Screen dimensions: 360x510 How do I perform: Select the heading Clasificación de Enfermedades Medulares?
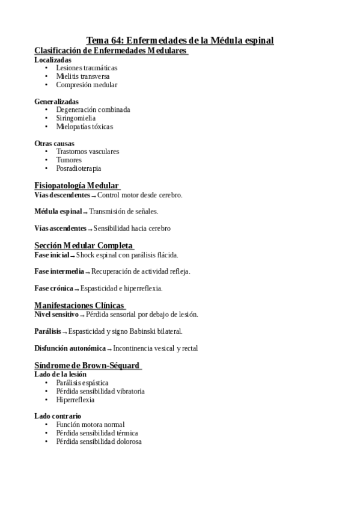(x=111, y=51)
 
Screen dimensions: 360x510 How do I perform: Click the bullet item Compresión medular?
(x=87, y=85)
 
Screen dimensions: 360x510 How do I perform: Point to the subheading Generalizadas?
(x=56, y=102)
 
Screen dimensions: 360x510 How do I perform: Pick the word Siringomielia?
(x=76, y=118)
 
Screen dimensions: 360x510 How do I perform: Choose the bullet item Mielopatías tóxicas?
(x=84, y=127)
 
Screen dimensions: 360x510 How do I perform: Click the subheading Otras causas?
(x=55, y=144)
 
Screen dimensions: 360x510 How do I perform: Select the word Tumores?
(x=69, y=161)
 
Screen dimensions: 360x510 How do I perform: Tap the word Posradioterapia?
(x=78, y=169)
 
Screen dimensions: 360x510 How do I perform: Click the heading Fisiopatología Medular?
(x=76, y=185)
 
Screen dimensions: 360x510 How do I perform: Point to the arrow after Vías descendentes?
(x=94, y=197)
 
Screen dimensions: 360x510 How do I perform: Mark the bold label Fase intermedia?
(x=59, y=271)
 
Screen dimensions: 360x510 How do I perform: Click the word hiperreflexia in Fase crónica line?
(x=143, y=288)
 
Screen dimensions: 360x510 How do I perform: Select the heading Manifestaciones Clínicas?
(x=79, y=305)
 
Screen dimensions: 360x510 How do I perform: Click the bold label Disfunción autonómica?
(x=70, y=348)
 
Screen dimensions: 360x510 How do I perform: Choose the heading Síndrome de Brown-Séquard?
(x=87, y=365)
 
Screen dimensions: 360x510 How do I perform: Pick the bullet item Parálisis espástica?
(x=82, y=382)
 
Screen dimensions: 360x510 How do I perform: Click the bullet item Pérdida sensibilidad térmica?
(x=97, y=433)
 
